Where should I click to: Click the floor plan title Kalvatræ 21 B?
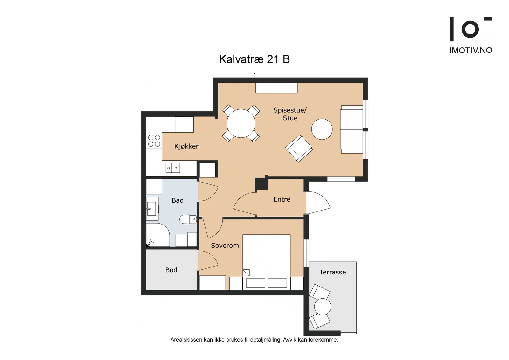point(254,59)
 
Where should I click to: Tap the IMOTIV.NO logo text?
point(471,50)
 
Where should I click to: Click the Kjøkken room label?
point(187,146)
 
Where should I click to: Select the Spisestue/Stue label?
point(290,114)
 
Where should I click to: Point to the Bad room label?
point(178,200)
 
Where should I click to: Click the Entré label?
point(282,199)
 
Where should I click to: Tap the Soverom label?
point(225,245)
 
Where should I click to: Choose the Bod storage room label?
point(171,270)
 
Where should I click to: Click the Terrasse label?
point(332,272)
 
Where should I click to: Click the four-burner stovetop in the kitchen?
point(154,141)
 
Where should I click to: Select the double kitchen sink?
point(173,168)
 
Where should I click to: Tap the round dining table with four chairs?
point(241,123)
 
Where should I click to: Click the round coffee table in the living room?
point(322,129)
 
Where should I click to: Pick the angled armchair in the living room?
point(299,149)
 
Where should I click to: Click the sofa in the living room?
point(352,129)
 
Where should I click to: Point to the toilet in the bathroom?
point(188,219)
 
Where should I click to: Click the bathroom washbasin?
point(152,209)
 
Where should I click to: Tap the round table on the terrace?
point(323,307)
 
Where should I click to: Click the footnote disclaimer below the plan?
point(254,340)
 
